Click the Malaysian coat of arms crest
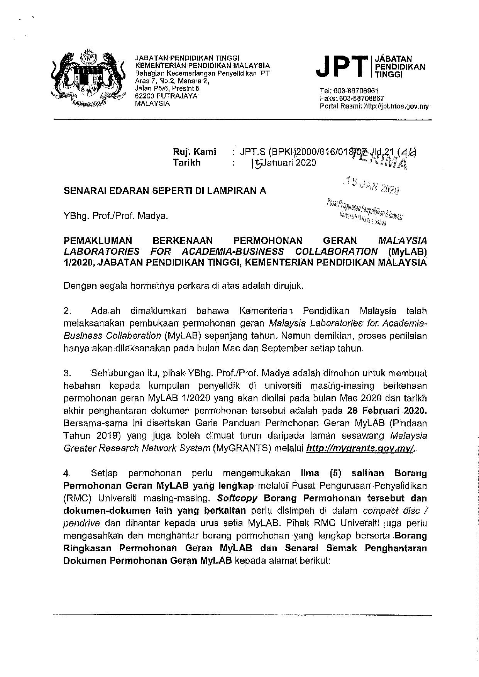pos(89,78)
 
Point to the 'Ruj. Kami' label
pos(195,152)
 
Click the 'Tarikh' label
pos(187,162)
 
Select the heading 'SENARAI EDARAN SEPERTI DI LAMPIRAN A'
pos(165,191)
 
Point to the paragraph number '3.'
pos(68,374)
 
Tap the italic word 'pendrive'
pos(82,523)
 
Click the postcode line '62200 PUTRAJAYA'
pos(166,96)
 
